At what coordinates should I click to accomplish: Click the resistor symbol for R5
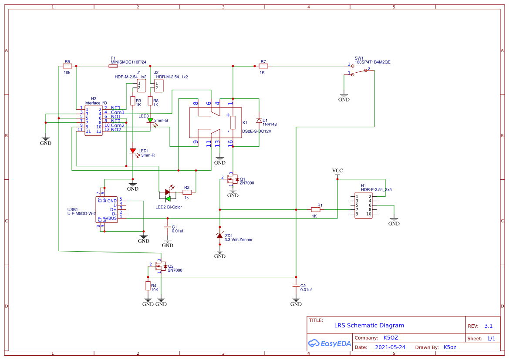(x=67, y=66)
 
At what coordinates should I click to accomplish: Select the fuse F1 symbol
(x=113, y=66)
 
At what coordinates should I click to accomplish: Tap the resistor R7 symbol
(x=263, y=66)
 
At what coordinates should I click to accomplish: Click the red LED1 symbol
(x=133, y=151)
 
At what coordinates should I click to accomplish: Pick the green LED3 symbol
(x=150, y=121)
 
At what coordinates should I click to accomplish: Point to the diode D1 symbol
(x=259, y=121)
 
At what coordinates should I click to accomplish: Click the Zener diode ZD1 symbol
(x=220, y=236)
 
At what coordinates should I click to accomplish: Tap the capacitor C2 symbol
(x=296, y=286)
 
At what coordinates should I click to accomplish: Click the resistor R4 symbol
(x=148, y=286)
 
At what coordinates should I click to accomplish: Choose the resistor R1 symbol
(x=316, y=209)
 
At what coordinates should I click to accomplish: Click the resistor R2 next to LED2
(x=187, y=192)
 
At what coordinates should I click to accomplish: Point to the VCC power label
(x=337, y=170)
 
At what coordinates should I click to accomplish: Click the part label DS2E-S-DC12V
(x=257, y=131)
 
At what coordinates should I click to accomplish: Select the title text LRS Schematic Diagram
(x=369, y=325)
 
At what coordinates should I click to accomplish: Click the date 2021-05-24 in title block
(x=390, y=347)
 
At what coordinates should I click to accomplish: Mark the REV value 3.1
(x=488, y=326)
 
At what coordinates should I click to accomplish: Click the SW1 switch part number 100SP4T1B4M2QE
(x=372, y=62)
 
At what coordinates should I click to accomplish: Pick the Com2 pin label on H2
(x=118, y=125)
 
